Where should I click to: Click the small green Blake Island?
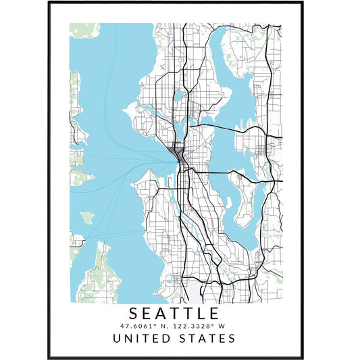coord(86,218)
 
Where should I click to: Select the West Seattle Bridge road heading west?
coord(162,191)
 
